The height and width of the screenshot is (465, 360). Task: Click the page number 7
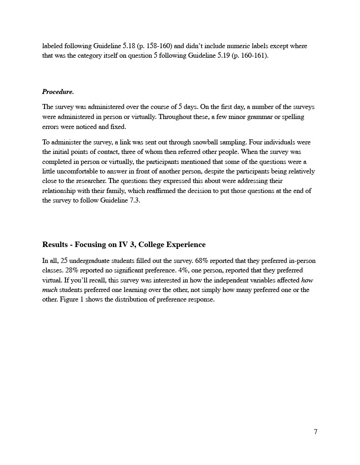click(315, 431)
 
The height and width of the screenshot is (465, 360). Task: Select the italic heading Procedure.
click(58, 92)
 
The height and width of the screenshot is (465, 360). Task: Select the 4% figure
click(193, 271)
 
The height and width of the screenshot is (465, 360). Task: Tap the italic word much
click(50, 290)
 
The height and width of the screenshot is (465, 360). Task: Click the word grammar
click(248, 117)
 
